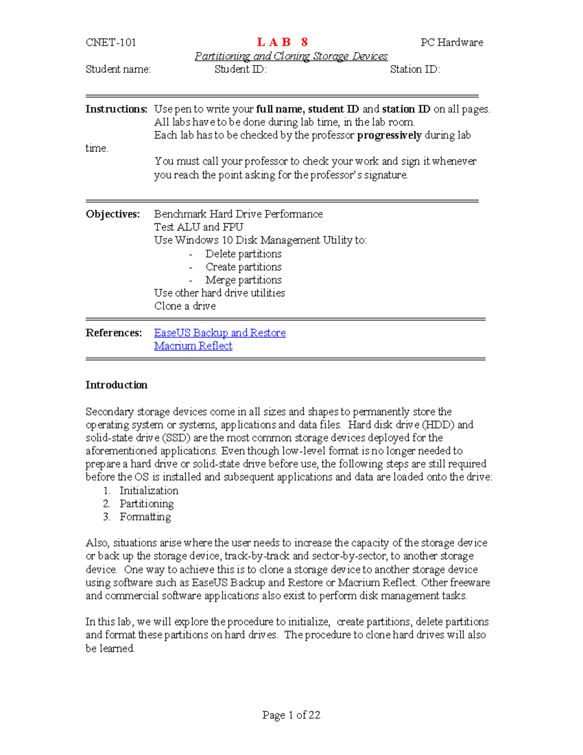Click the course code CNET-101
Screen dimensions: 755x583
[111, 42]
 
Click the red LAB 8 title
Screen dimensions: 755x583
[282, 42]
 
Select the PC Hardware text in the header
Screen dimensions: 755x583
[451, 42]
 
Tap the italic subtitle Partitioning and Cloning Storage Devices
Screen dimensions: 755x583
[291, 56]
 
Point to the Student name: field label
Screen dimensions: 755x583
[118, 69]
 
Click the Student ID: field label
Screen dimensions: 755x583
[240, 69]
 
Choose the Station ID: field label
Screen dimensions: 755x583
[415, 69]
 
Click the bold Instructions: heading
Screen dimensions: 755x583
[116, 109]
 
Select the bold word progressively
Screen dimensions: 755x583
[389, 135]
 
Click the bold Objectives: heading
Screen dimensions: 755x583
[113, 214]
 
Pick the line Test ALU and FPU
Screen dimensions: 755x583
[198, 227]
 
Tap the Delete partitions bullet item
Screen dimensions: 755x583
[243, 254]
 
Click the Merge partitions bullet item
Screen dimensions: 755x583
[243, 280]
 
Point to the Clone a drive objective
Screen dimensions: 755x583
[185, 306]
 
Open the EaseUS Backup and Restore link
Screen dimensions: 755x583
[220, 333]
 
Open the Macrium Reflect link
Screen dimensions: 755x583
[193, 346]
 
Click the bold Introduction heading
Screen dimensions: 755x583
[116, 385]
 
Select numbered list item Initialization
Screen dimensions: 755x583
[149, 491]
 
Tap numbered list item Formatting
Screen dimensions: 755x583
[145, 517]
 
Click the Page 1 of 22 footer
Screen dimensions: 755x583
[291, 715]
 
